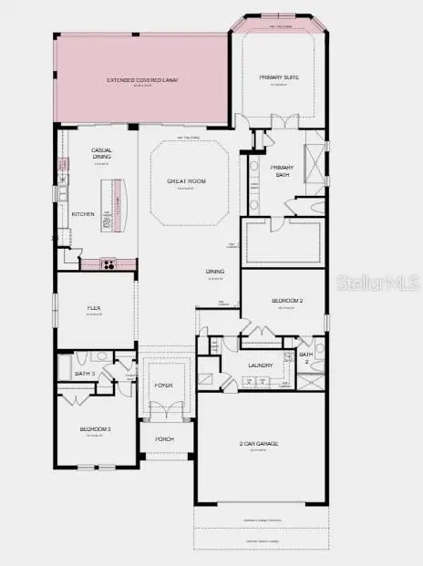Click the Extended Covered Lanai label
click(142, 80)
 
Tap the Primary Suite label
click(281, 77)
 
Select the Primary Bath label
click(280, 170)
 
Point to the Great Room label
click(186, 181)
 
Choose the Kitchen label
click(83, 214)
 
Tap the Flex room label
click(93, 308)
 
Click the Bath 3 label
click(84, 374)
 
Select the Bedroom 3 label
click(95, 429)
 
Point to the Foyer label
click(163, 386)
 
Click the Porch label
click(164, 439)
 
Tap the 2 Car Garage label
click(258, 444)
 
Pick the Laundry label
click(261, 366)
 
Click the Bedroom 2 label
click(286, 300)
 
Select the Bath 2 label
click(306, 358)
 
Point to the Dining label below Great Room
click(215, 272)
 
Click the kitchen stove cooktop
click(108, 265)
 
